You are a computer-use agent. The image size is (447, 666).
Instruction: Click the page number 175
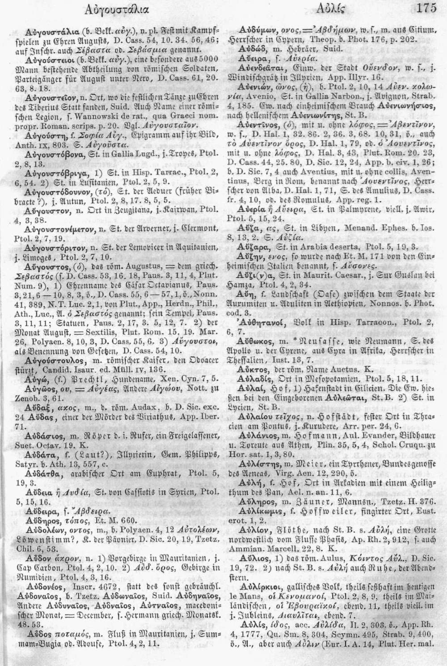[x=432, y=8]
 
